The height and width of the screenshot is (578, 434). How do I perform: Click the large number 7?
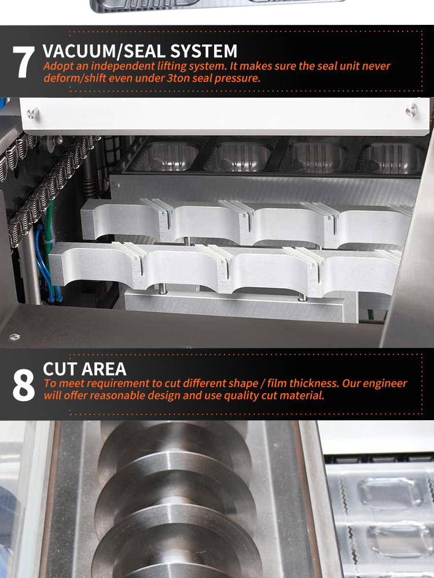tap(24, 62)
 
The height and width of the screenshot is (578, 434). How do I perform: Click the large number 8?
tap(24, 384)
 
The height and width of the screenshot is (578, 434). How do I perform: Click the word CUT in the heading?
tap(60, 369)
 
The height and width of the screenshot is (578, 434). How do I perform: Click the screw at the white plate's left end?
tap(33, 113)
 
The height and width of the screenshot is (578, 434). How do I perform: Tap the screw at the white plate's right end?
tap(411, 110)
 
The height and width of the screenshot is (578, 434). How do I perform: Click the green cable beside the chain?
tap(49, 236)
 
